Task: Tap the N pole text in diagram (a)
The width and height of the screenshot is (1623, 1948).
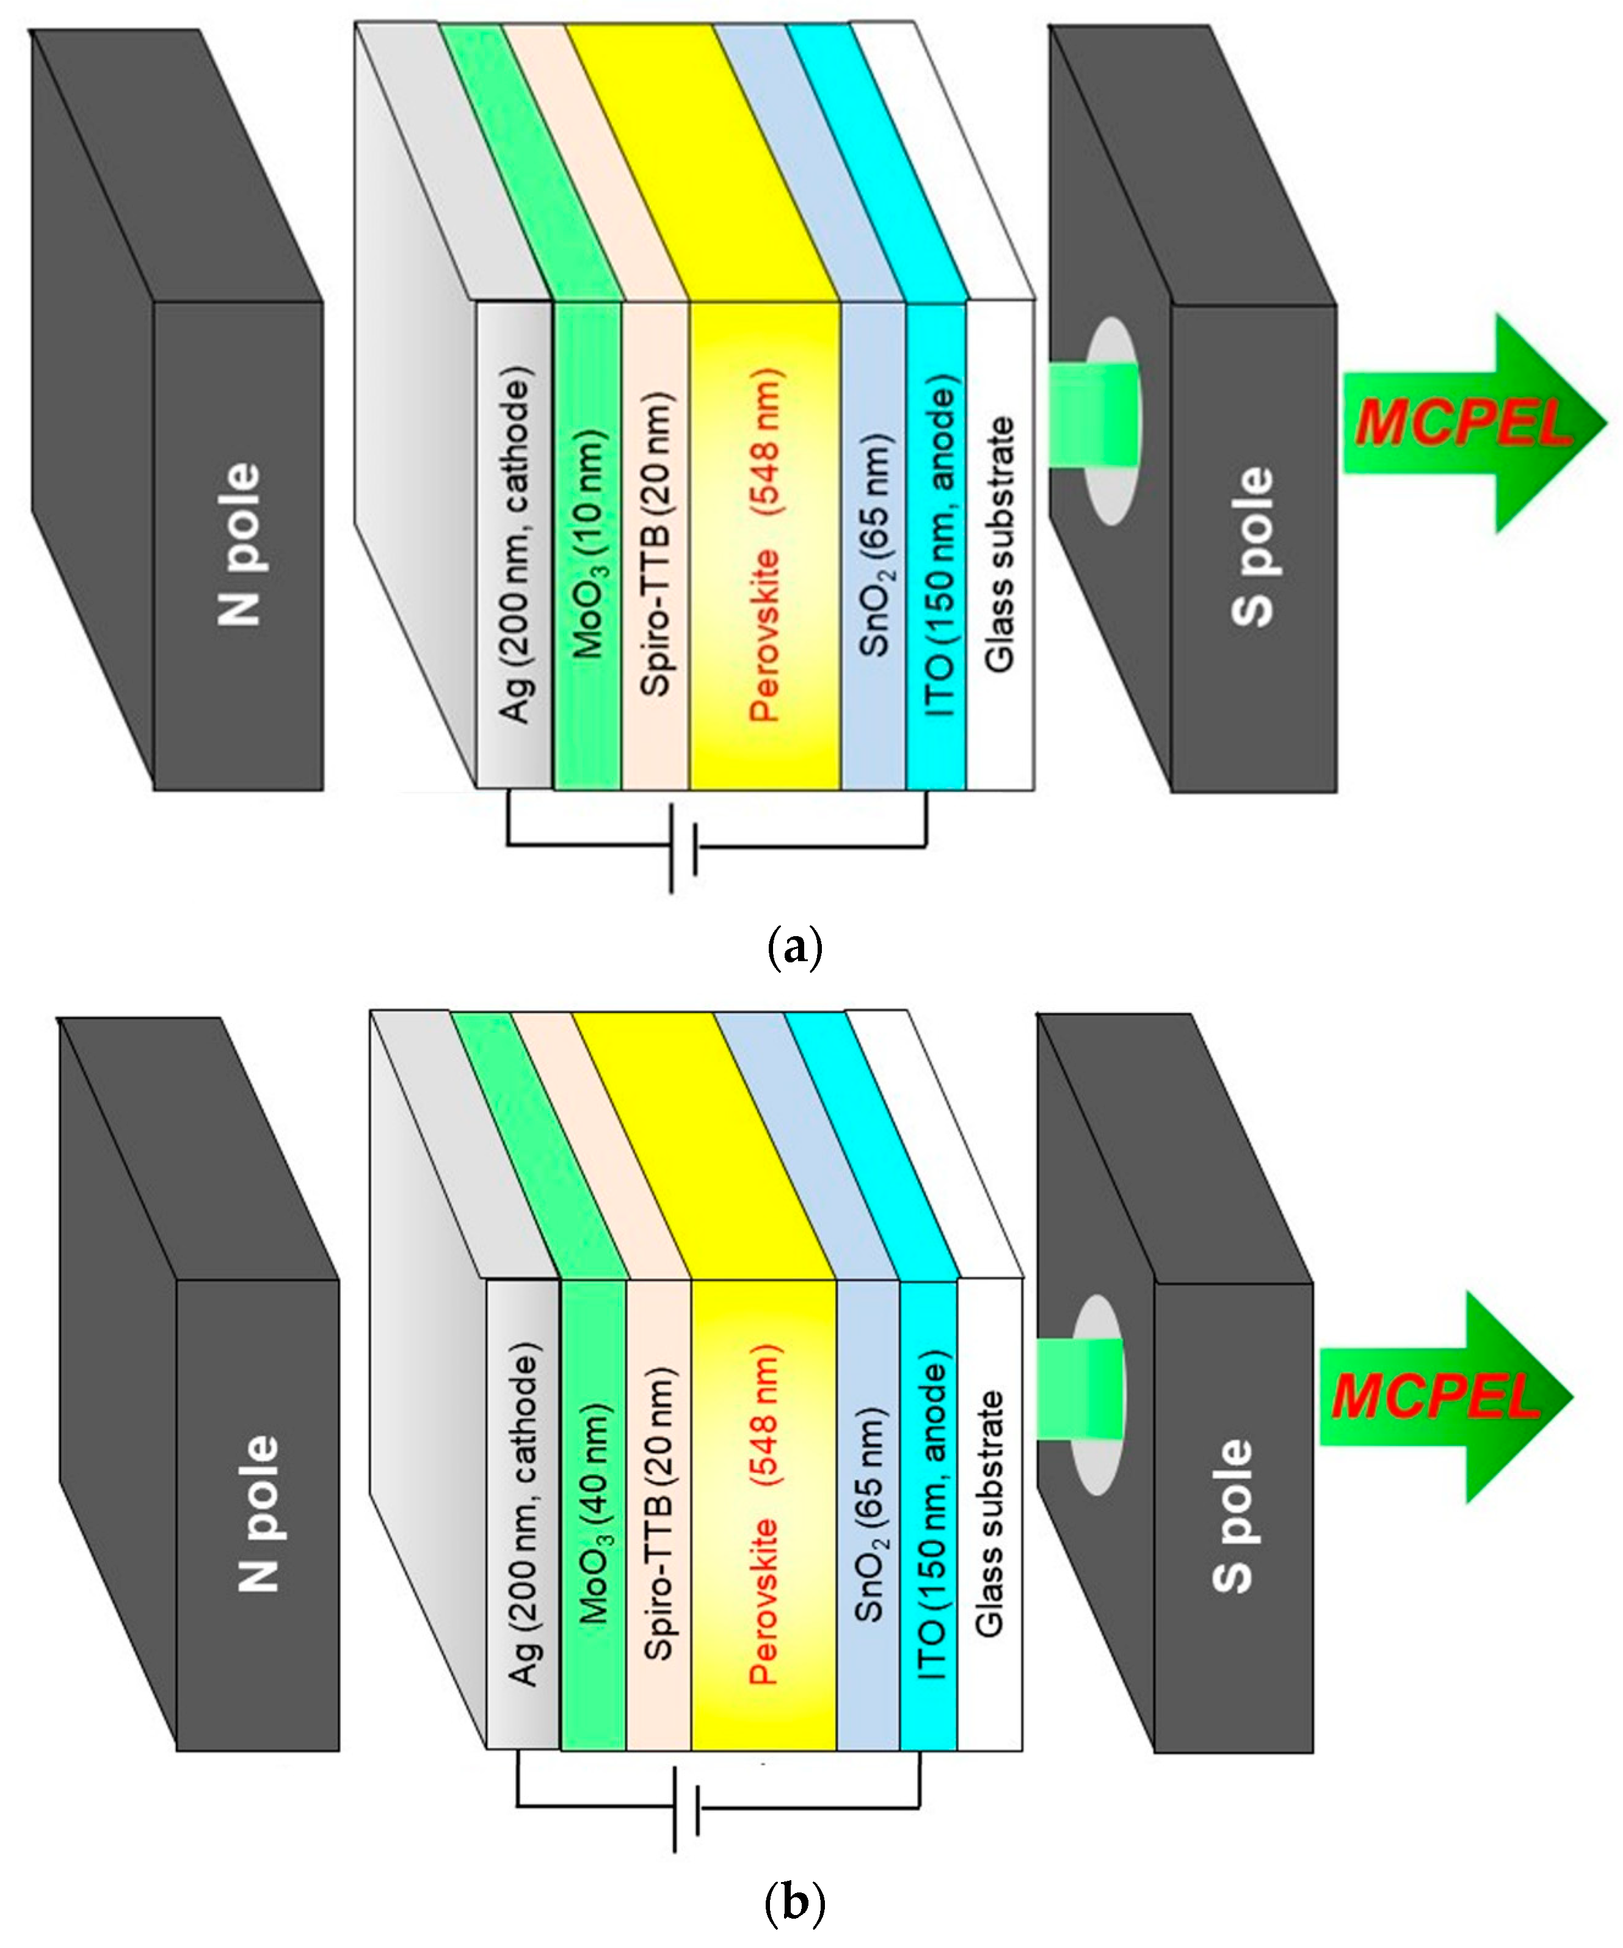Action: (239, 545)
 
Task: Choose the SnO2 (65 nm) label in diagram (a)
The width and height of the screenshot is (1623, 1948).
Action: (876, 545)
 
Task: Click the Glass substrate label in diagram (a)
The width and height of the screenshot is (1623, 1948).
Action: (1000, 545)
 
